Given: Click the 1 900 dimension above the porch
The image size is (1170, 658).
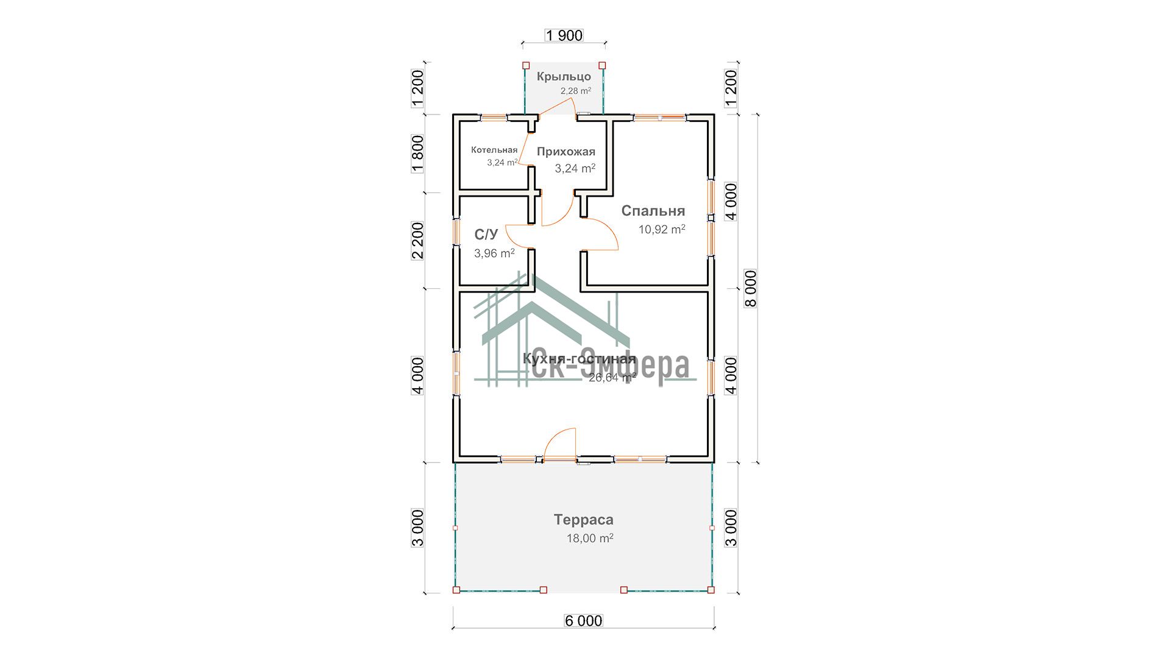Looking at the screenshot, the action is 564,35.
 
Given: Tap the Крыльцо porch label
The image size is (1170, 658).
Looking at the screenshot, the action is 564,77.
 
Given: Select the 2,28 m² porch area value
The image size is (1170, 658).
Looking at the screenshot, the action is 576,91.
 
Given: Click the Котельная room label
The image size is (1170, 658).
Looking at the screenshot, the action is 494,150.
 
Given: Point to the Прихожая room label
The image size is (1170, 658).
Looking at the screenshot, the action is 566,152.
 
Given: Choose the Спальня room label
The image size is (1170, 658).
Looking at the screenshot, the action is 653,211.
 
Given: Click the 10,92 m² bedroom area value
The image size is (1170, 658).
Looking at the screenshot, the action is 662,229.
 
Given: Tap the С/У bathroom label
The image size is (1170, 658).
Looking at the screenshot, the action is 486,235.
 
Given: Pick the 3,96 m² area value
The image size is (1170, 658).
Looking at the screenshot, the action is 494,253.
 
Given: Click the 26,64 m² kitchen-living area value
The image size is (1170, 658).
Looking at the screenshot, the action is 612,377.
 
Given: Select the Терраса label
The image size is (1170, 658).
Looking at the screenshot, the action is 584,520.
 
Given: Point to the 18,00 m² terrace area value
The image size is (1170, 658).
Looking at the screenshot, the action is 590,539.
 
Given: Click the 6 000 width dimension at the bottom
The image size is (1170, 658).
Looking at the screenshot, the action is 584,621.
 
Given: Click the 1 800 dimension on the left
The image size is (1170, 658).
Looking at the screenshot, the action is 417,154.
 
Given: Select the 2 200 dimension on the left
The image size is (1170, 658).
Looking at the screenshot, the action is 417,241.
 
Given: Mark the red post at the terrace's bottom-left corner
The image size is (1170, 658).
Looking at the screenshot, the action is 456,590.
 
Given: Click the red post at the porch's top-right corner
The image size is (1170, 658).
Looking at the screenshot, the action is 602,65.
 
